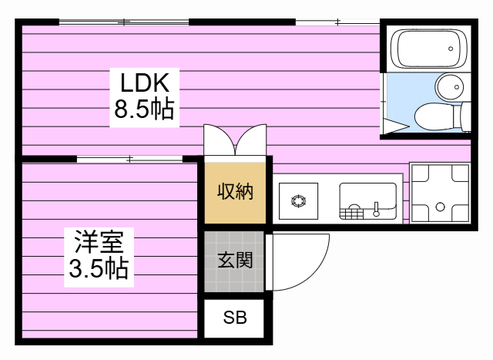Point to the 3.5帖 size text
tap(99, 269)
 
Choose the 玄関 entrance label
tap(234, 261)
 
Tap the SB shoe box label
tap(235, 318)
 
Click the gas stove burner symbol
tap(299, 202)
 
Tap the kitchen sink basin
tap(367, 200)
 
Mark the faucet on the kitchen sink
tap(377, 209)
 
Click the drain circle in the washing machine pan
tap(440, 207)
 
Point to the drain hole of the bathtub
tap(451, 49)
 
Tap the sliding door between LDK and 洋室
tap(129, 160)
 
